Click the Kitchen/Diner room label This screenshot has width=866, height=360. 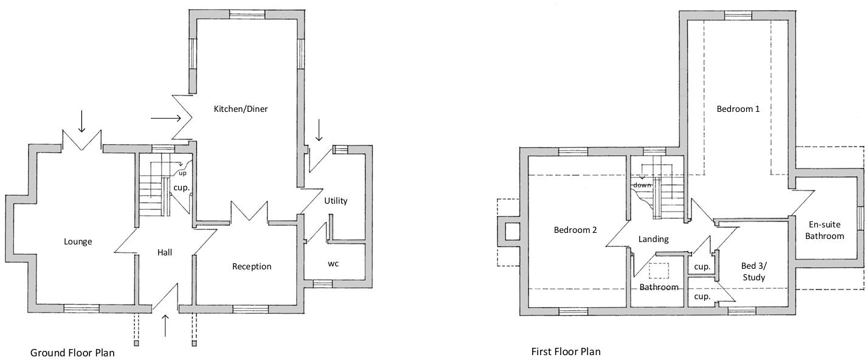point(241,109)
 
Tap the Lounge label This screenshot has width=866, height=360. point(78,241)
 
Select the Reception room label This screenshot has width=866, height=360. point(252,266)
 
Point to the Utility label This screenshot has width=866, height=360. point(336,201)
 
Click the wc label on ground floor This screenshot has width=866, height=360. point(333,264)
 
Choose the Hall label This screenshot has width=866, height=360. point(165,252)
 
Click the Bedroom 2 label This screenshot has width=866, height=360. point(575,230)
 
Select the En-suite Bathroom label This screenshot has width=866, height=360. point(825,230)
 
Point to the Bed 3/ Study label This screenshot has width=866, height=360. point(753,271)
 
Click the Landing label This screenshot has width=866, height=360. point(654,239)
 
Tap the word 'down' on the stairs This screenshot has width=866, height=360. point(642,185)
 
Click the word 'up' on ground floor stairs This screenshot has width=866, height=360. point(182,173)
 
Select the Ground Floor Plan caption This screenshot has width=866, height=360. point(72,352)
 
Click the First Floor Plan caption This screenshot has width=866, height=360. point(566,351)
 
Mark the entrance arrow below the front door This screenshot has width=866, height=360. point(165,325)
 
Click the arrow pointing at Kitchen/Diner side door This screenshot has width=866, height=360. point(166,117)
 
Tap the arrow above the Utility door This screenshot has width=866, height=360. point(318,130)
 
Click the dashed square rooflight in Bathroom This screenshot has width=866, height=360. point(659,271)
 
